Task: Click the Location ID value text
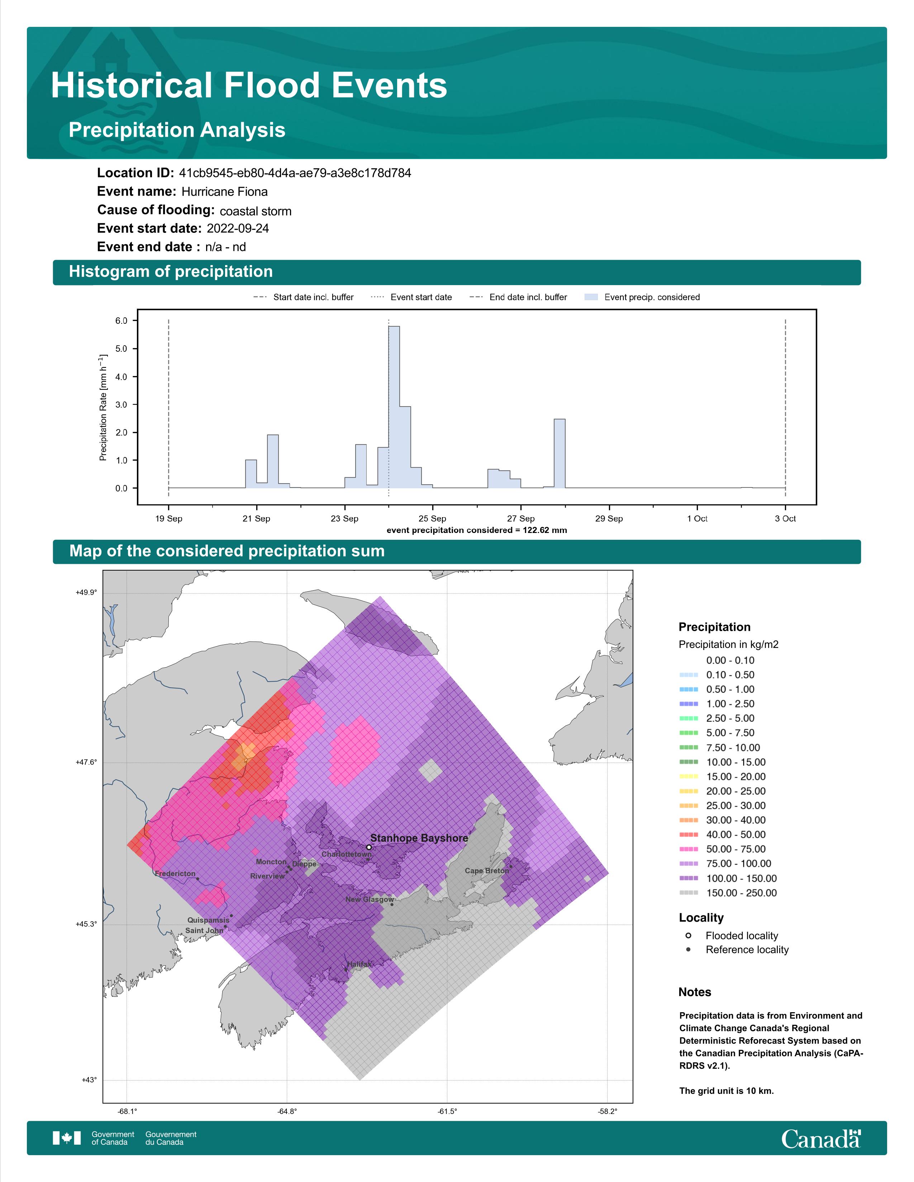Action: coord(295,173)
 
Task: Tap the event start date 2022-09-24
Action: coord(238,229)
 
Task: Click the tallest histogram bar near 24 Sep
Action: coord(394,407)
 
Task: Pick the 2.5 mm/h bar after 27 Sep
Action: coord(560,453)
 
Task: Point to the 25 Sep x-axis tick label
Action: coord(432,519)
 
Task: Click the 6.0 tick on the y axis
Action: coord(121,321)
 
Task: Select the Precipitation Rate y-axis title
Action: coord(103,408)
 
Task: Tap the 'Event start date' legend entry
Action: coord(411,297)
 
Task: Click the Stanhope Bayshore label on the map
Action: coord(419,838)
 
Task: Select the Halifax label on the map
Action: coord(360,964)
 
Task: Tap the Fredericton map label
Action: coord(175,874)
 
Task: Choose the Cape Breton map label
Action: coord(487,871)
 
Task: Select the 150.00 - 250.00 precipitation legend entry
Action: coord(728,893)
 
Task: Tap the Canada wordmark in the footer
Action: coord(821,1139)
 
